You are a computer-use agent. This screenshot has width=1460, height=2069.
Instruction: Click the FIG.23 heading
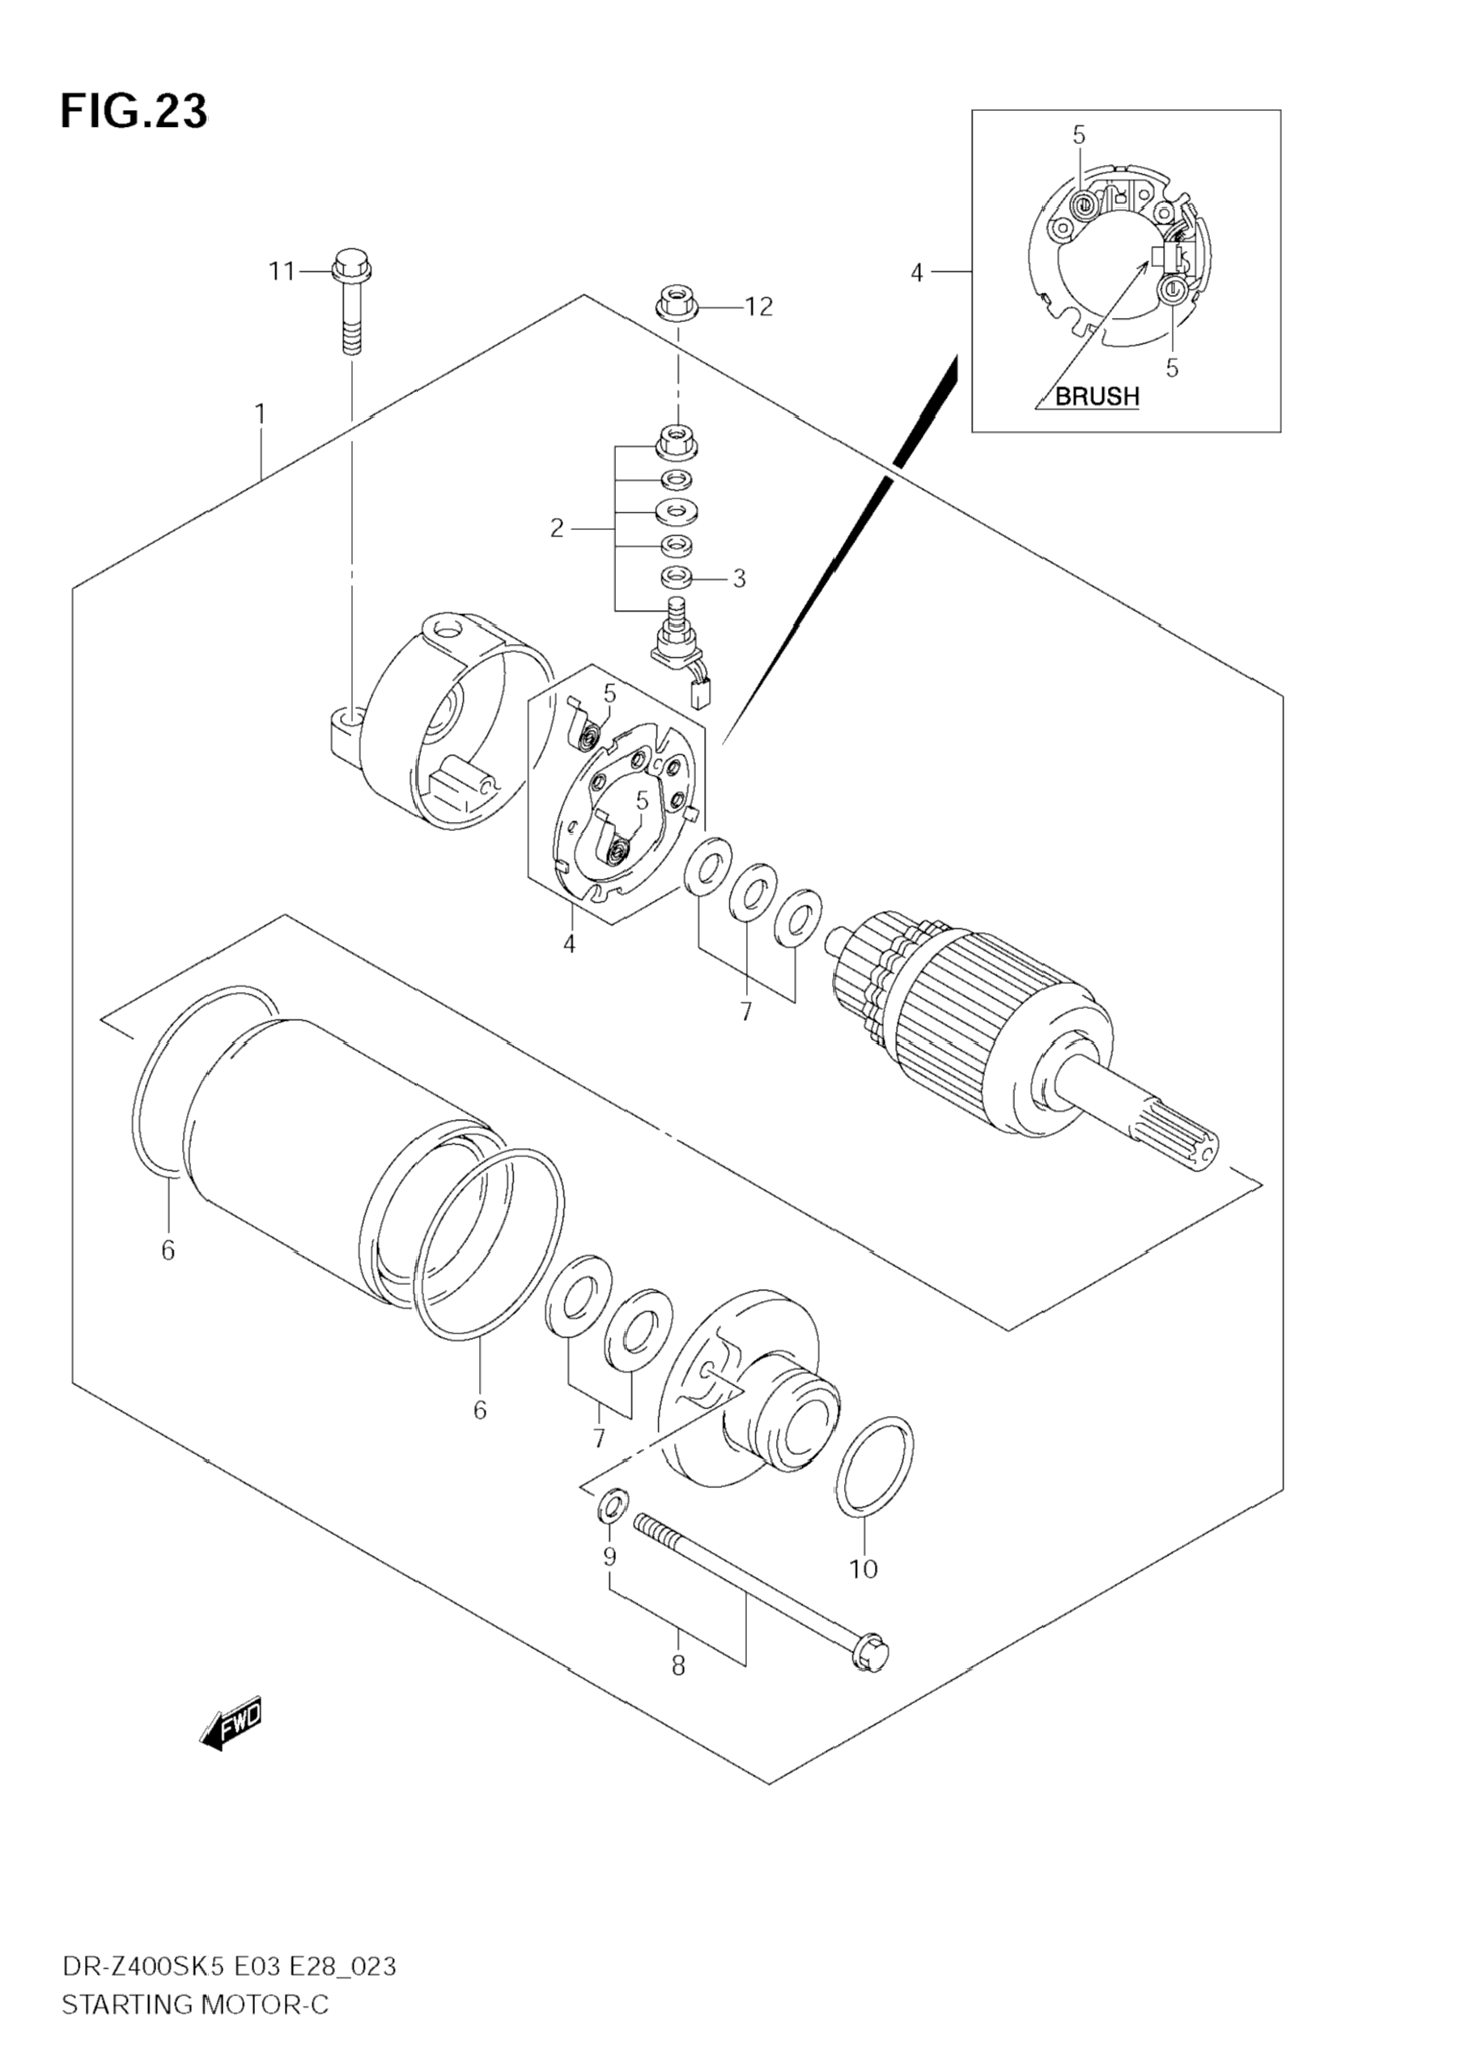[x=134, y=112]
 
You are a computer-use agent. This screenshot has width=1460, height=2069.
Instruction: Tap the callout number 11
[x=281, y=270]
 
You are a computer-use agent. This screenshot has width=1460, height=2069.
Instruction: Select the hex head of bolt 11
[x=351, y=263]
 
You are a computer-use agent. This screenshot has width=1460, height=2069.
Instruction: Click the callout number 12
[x=758, y=307]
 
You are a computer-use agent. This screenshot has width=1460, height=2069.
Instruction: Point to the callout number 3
[x=739, y=579]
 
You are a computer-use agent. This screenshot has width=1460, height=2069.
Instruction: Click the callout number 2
[x=557, y=529]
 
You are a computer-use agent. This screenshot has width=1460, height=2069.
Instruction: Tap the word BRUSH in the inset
[x=1097, y=396]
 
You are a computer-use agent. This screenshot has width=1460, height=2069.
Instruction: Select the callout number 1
[x=261, y=414]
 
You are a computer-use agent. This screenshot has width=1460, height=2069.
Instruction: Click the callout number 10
[x=864, y=1569]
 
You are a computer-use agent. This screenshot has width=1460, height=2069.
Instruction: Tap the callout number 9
[x=609, y=1556]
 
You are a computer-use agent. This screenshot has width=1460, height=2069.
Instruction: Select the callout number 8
[x=677, y=1666]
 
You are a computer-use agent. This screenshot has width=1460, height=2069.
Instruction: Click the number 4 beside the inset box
[x=917, y=272]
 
